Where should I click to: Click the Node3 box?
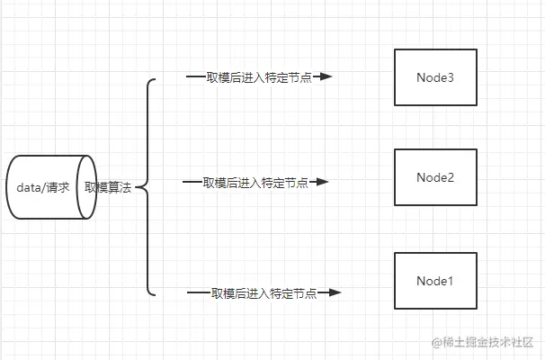click(x=434, y=78)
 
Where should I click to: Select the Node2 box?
click(x=434, y=178)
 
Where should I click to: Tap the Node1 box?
click(x=434, y=281)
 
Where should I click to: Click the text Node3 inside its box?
click(x=434, y=78)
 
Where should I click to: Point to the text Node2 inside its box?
click(x=434, y=177)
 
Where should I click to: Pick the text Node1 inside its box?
click(x=434, y=281)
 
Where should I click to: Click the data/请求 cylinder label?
click(x=42, y=188)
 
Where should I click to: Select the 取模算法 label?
click(x=108, y=188)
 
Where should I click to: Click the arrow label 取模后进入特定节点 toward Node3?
click(x=259, y=77)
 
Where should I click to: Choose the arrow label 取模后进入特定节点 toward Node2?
click(x=255, y=183)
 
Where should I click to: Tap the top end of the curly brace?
click(x=155, y=80)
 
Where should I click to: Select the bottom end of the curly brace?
click(x=155, y=293)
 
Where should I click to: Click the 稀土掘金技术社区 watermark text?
click(x=489, y=342)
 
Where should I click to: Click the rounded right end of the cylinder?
click(x=87, y=187)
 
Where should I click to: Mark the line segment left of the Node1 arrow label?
click(x=198, y=293)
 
